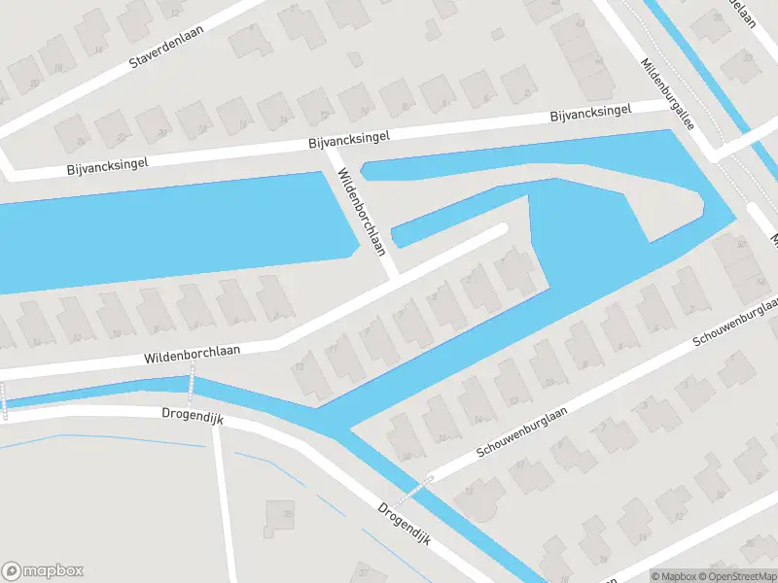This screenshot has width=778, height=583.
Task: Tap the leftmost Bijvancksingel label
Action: point(107,165)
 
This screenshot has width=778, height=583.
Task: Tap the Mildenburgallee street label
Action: point(667,95)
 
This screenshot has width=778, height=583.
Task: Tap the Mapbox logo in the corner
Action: point(43,571)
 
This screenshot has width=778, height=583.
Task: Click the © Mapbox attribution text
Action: point(674,576)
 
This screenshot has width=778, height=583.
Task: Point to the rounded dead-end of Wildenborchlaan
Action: point(502,229)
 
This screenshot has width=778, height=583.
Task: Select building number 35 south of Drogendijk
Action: point(280,517)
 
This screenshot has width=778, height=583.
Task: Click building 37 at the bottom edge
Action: point(364,571)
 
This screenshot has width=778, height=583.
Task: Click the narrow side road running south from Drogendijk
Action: point(225,505)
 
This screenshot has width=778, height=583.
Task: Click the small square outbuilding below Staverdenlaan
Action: point(356,59)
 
